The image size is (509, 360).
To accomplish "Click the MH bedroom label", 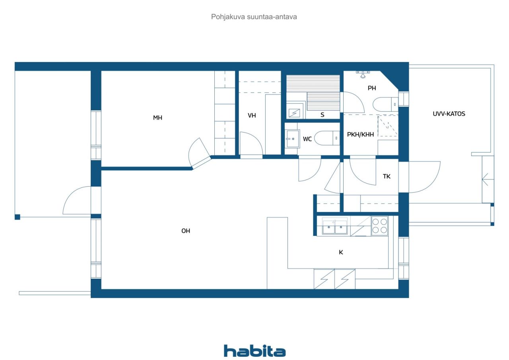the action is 157,118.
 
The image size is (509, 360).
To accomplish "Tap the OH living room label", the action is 186,231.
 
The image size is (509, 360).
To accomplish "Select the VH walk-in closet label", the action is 252,115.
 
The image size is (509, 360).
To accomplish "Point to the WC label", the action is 307,139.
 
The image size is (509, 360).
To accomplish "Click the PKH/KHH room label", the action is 360,134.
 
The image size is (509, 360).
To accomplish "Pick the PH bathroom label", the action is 372,88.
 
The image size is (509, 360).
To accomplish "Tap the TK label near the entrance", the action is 387,176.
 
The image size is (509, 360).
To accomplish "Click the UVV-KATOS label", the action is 449,114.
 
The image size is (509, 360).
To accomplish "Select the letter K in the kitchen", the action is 341,252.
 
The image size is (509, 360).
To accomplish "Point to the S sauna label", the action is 322,115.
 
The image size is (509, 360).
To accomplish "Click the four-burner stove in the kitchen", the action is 379,226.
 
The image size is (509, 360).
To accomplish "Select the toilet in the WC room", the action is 327,138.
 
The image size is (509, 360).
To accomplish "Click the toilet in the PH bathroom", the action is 385,104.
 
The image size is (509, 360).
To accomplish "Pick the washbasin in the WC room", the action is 292,139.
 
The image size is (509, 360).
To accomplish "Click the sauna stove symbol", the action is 294,113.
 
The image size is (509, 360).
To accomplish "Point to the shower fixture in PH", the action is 363,74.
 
